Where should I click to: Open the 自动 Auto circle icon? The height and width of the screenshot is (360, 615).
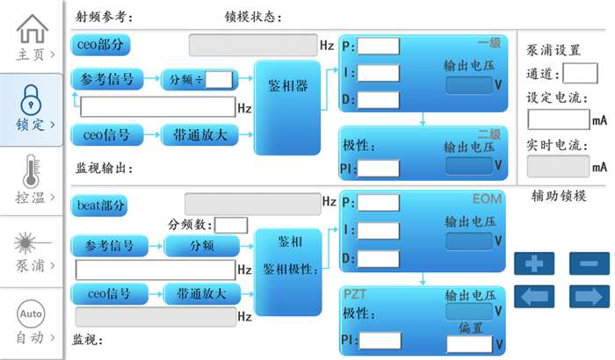pos(32,313)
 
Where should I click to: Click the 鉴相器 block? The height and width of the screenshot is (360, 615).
pos(287,86)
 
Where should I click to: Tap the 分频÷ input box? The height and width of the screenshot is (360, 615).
pos(219,81)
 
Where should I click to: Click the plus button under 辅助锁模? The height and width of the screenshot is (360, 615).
pos(539,262)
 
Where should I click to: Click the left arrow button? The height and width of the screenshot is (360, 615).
pos(539,296)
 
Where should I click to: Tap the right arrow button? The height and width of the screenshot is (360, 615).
pos(589,296)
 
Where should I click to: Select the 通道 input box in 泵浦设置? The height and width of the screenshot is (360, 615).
pos(580,73)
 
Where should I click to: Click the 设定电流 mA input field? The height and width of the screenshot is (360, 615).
pos(557,119)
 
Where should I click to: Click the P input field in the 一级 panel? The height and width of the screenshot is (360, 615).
pos(378,47)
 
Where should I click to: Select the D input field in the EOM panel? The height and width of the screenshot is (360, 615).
pos(378,258)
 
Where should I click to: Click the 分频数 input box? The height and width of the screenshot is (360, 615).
pos(231,226)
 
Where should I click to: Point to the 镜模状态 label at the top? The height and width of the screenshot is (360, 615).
pos(250,16)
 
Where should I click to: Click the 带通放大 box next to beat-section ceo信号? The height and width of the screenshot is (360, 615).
pos(200,293)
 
